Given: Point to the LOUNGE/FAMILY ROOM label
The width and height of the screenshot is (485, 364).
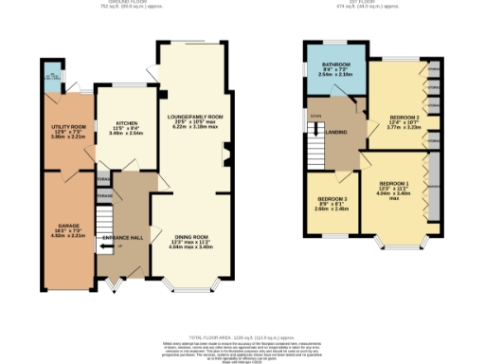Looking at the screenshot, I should (195, 91).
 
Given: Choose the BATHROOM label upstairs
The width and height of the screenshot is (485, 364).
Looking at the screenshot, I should (336, 64).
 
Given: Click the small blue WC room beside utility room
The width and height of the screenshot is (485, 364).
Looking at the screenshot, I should (50, 73).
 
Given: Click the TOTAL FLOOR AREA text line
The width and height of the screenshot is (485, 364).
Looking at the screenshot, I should (242, 337).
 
